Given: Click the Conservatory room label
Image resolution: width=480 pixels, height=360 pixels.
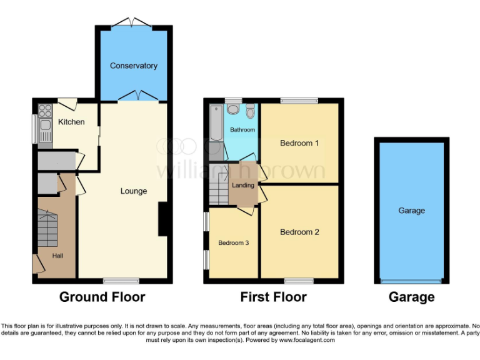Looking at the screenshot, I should [133, 66].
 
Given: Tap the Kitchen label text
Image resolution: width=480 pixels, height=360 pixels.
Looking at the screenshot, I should [71, 122].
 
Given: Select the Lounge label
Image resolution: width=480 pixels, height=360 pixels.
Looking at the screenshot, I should [134, 191].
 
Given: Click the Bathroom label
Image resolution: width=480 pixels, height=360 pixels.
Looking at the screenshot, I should [242, 130].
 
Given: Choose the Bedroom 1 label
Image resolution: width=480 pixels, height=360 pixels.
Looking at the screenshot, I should [299, 143].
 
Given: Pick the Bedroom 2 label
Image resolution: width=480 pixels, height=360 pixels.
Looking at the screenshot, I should [299, 232].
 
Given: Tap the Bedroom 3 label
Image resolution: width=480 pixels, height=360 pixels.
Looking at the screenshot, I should [233, 242].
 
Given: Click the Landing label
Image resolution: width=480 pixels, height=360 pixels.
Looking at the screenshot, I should [243, 185].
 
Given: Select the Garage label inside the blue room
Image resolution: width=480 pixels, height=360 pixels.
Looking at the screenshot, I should [411, 211].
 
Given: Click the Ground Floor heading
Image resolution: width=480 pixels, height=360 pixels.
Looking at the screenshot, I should [102, 297].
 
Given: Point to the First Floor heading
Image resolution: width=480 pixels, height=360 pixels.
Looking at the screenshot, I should [273, 297].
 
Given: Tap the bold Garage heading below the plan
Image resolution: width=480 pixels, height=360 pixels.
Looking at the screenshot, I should [411, 297].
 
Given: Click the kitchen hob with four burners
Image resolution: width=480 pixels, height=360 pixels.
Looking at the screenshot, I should [45, 111].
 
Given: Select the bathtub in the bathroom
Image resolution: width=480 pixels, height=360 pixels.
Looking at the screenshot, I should [216, 123].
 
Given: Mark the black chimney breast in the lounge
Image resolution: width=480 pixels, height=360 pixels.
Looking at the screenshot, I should [163, 219].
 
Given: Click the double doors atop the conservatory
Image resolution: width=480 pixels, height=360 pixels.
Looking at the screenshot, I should [133, 23].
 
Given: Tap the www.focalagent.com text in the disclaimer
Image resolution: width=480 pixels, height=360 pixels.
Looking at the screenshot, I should [306, 341].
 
